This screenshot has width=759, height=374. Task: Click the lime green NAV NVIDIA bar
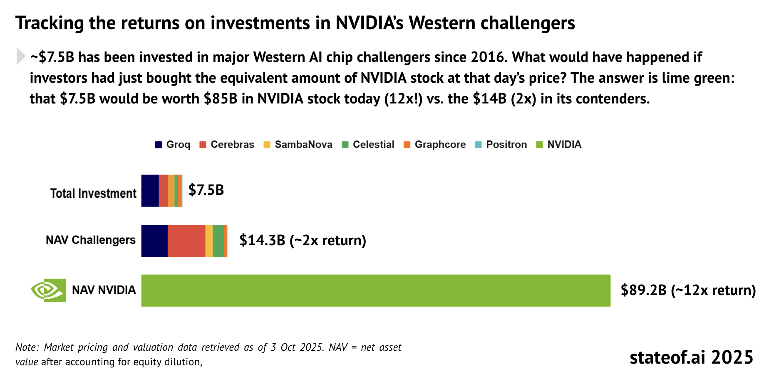(x=376, y=290)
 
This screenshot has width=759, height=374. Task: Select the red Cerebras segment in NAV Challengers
(x=186, y=241)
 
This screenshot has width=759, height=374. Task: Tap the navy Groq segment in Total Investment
(x=150, y=191)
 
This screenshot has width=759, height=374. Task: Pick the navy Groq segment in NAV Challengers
(x=154, y=241)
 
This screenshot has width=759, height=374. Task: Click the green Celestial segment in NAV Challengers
(x=218, y=241)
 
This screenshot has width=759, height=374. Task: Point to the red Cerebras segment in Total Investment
(x=164, y=191)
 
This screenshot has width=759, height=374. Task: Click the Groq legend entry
(x=172, y=145)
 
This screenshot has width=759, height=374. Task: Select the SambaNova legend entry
(x=298, y=145)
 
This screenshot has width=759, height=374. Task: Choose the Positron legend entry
(x=501, y=145)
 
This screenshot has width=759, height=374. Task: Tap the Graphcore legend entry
(x=435, y=145)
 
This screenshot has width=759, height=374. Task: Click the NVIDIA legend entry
(x=559, y=145)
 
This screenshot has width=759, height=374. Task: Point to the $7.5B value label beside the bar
(x=206, y=190)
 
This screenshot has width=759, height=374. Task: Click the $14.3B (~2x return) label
(x=303, y=240)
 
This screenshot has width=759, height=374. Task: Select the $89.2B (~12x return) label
(x=688, y=290)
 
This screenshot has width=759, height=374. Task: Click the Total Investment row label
(x=93, y=194)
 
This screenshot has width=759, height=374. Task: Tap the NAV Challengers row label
(x=91, y=240)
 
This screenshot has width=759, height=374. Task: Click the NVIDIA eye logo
(x=48, y=290)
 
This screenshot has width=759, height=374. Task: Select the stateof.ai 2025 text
(x=691, y=357)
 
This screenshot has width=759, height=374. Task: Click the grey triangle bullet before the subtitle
(x=21, y=56)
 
